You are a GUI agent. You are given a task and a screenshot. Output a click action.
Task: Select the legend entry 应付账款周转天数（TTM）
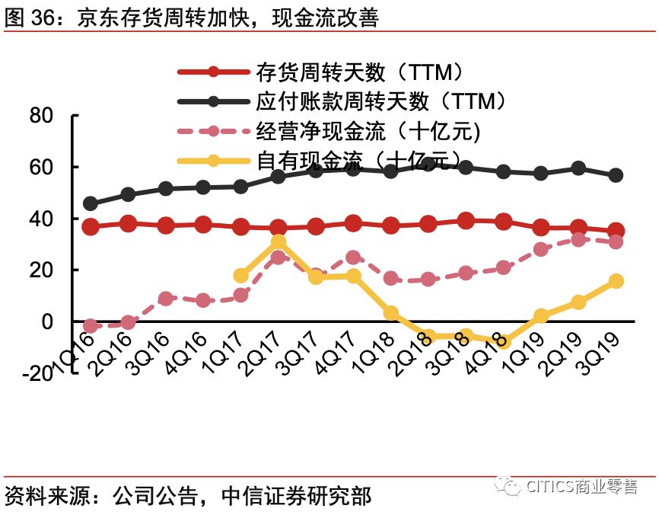pyautogui.click(x=380, y=101)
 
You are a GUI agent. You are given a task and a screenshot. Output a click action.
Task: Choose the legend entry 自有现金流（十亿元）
pyautogui.click(x=358, y=160)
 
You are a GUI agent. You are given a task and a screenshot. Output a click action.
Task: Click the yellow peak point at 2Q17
pyautogui.click(x=279, y=242)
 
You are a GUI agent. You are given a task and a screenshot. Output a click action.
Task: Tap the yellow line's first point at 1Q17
pyautogui.click(x=241, y=276)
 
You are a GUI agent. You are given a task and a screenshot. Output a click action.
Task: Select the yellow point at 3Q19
pyautogui.click(x=616, y=281)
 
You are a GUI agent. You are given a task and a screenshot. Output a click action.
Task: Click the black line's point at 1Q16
pyautogui.click(x=91, y=203)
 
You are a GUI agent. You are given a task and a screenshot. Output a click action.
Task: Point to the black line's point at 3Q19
pyautogui.click(x=616, y=175)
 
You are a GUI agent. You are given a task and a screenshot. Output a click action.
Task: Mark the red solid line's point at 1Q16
pyautogui.click(x=91, y=226)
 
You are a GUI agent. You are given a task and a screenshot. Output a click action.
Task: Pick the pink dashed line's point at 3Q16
pyautogui.click(x=166, y=299)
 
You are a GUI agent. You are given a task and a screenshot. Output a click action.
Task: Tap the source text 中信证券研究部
pyautogui.click(x=297, y=496)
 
